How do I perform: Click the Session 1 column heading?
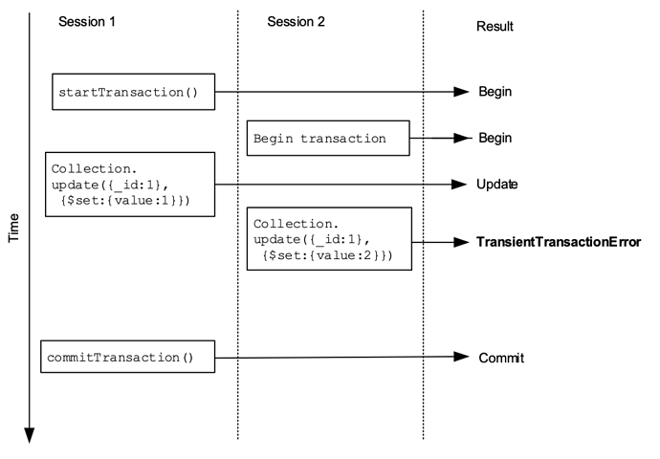tap(87, 21)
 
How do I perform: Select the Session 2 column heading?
tap(296, 21)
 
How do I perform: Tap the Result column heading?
tap(495, 26)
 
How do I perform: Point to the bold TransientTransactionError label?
tap(559, 242)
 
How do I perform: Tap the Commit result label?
tap(501, 358)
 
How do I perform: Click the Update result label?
tap(497, 185)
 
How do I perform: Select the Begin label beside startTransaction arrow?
tap(495, 91)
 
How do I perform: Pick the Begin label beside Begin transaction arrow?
tap(495, 138)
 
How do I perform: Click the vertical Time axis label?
tap(14, 228)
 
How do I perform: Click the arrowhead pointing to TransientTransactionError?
tap(461, 242)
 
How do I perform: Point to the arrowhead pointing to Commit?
tap(461, 357)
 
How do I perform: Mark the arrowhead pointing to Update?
tap(459, 185)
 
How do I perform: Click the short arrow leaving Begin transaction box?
tap(441, 138)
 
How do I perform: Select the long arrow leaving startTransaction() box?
tap(342, 91)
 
